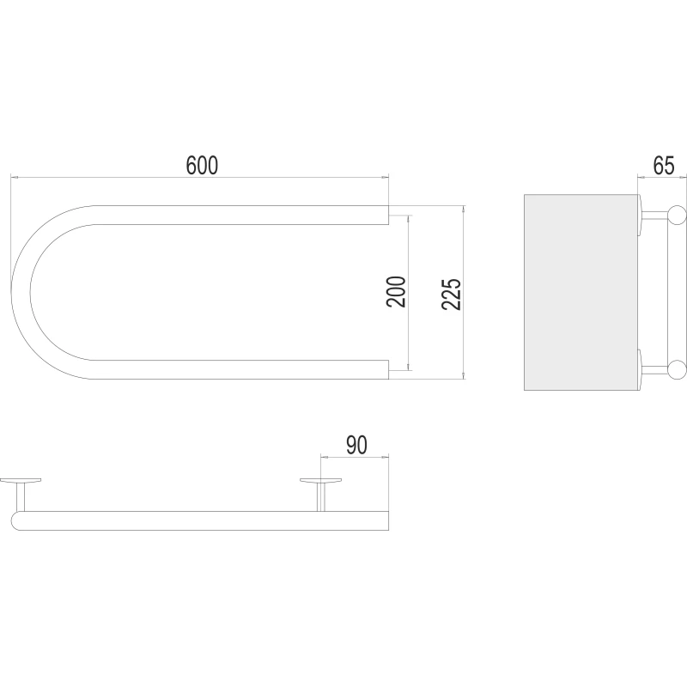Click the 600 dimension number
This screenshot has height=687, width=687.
click(x=202, y=165)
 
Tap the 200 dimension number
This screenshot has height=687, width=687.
click(x=396, y=291)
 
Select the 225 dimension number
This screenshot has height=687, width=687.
click(x=452, y=295)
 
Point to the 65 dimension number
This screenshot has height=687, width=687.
click(x=664, y=165)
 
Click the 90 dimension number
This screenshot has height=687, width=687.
click(x=356, y=445)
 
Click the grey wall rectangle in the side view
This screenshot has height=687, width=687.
click(x=581, y=292)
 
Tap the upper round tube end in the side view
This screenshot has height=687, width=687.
click(x=677, y=214)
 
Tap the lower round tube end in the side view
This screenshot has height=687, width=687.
click(x=677, y=369)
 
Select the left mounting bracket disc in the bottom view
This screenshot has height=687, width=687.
click(x=21, y=480)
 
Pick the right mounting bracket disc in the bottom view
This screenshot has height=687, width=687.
click(x=320, y=480)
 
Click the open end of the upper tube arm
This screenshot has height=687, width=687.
click(x=389, y=215)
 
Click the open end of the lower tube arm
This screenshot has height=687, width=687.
click(x=389, y=369)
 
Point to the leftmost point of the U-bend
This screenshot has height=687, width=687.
click(x=11, y=291)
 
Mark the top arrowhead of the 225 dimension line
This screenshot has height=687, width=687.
click(x=464, y=209)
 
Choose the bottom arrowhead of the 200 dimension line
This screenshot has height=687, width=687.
click(x=409, y=367)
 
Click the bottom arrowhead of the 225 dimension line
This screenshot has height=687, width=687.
click(x=464, y=375)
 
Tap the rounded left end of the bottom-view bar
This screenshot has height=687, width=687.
click(x=15, y=521)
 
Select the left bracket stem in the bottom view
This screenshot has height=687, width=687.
click(x=21, y=497)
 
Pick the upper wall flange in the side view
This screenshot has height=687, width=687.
click(x=640, y=214)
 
